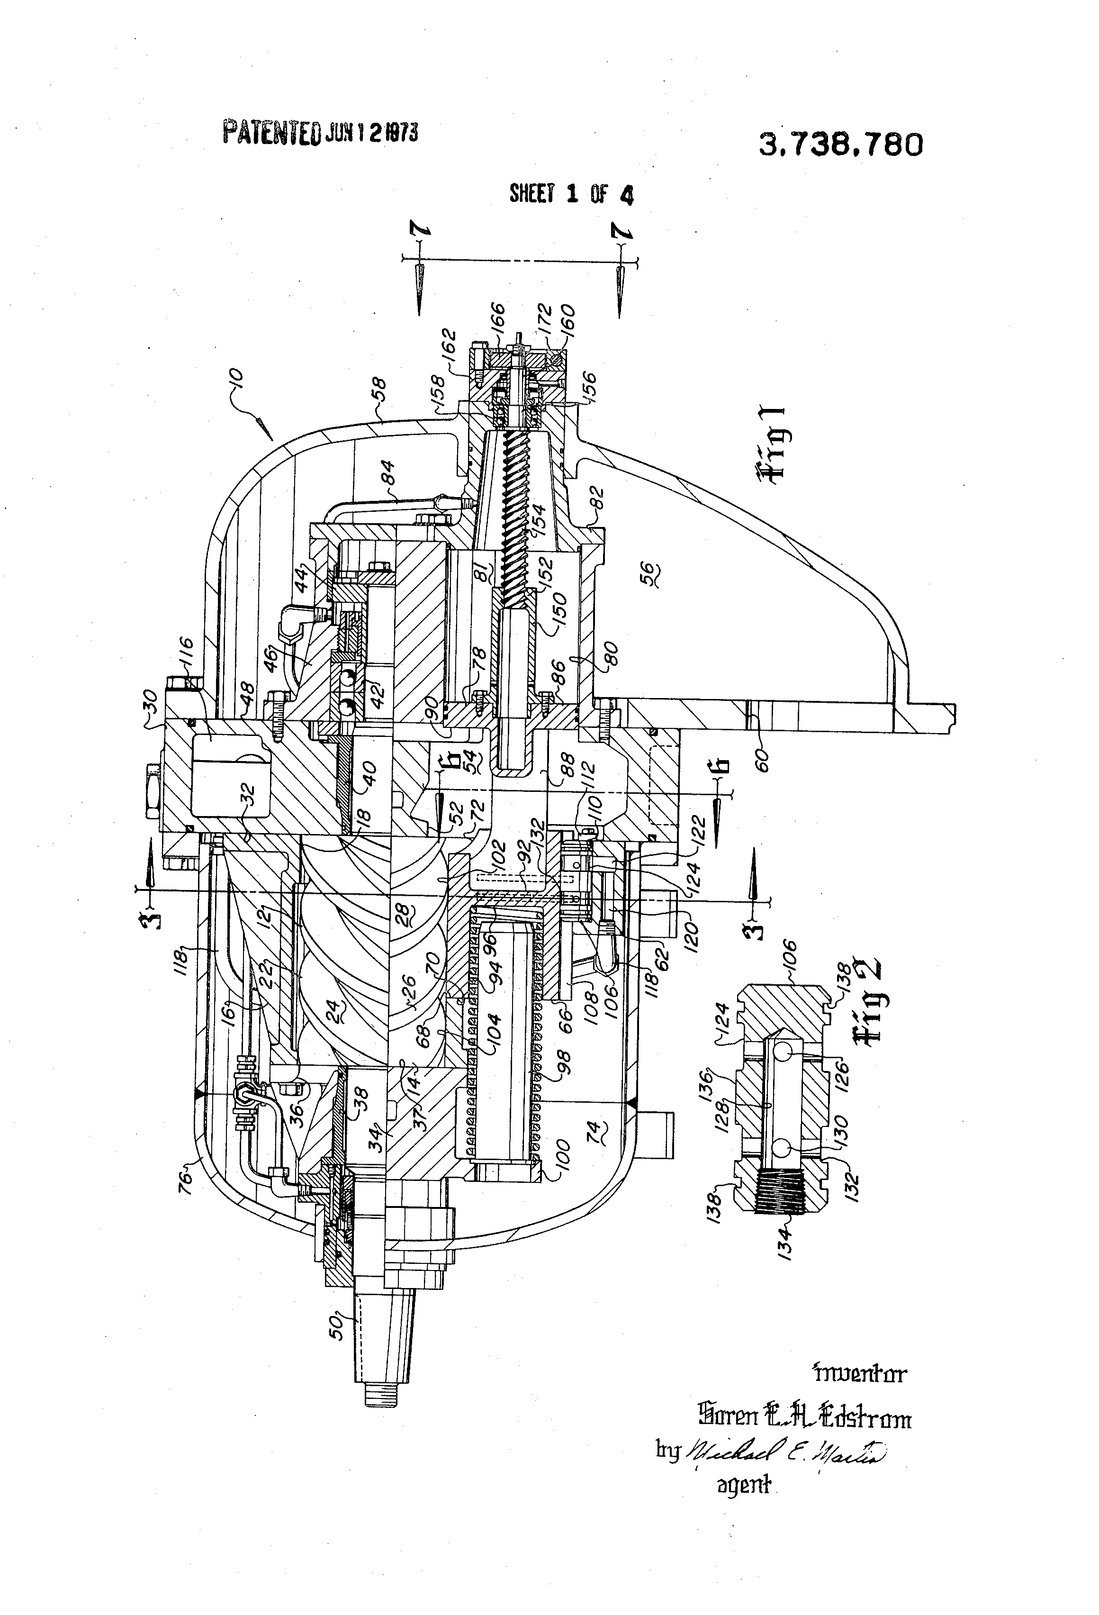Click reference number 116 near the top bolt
pos(188,653)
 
